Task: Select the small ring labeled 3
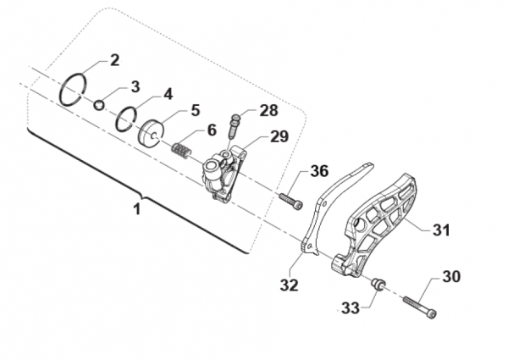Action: click(x=99, y=104)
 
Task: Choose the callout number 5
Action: click(x=195, y=110)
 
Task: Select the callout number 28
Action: click(x=268, y=110)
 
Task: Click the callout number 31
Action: click(x=441, y=230)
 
